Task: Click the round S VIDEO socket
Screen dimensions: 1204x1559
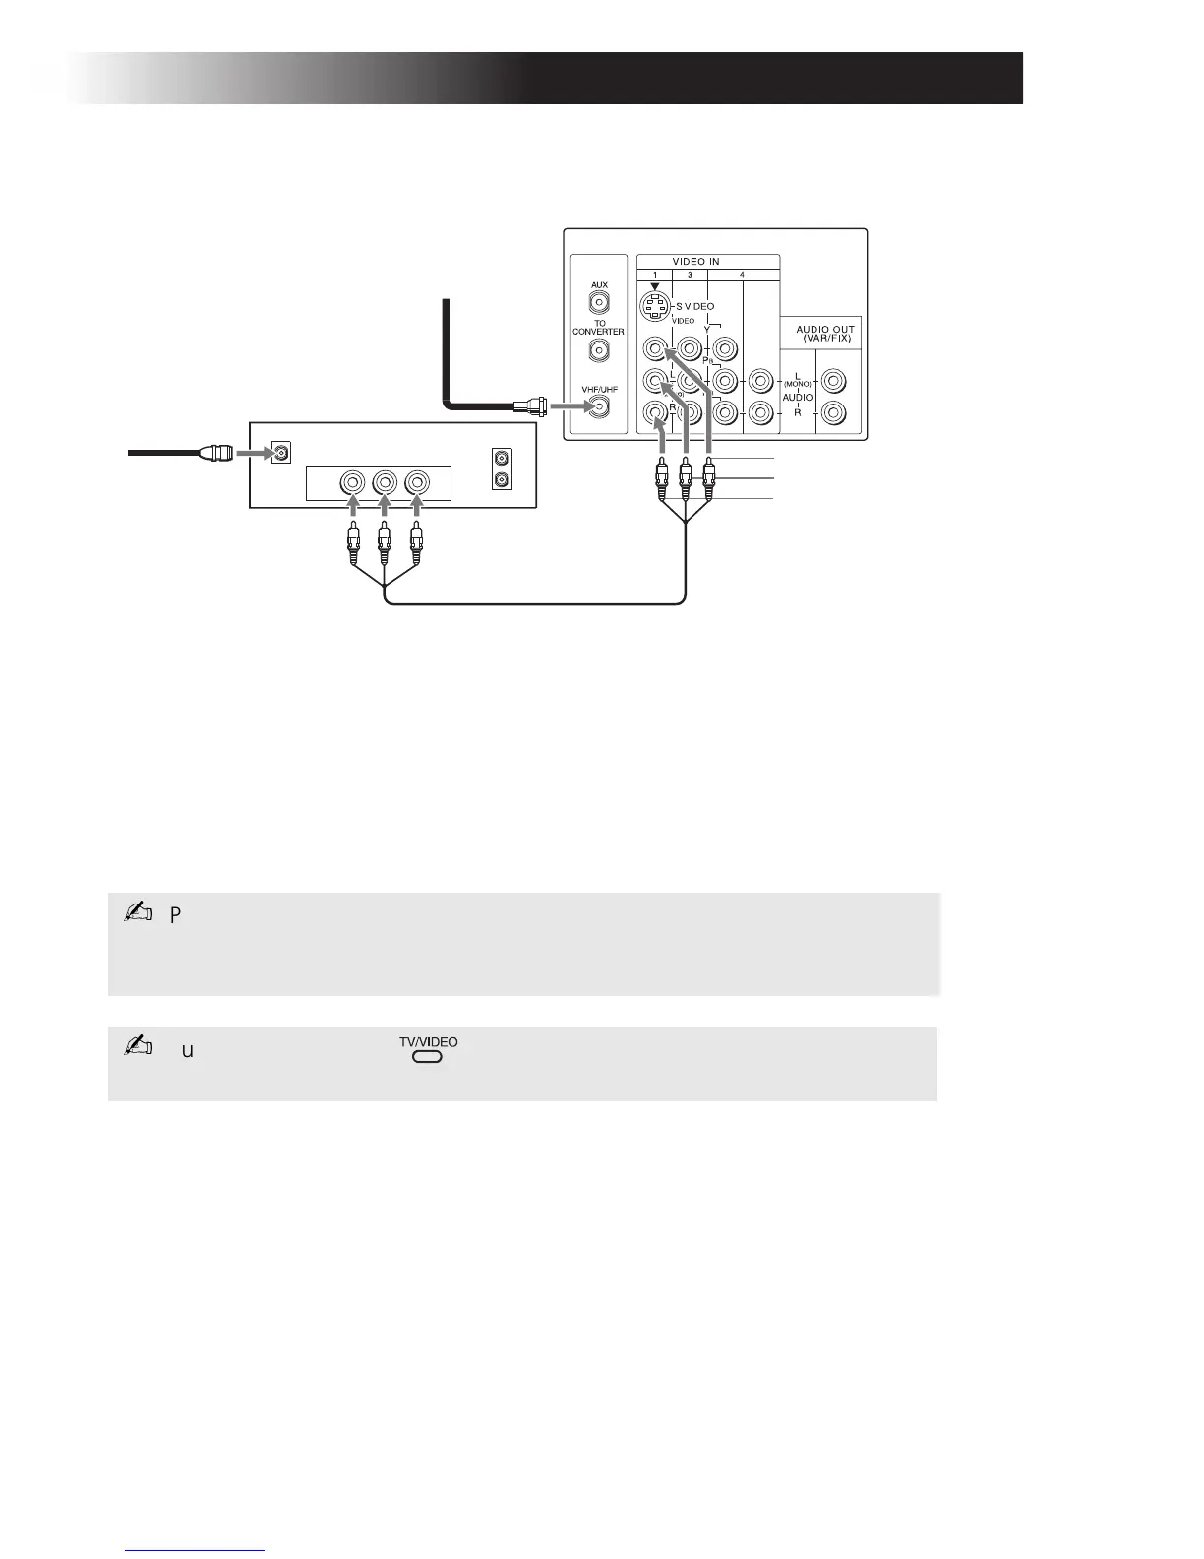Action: tap(655, 308)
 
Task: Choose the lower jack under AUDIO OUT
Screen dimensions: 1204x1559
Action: tap(834, 413)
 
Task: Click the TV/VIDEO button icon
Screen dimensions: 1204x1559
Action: tap(428, 1057)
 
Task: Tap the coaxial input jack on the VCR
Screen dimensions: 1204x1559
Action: tap(282, 454)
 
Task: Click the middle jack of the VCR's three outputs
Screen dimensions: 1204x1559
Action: tap(385, 483)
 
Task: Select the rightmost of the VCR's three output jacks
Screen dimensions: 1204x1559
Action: tap(417, 483)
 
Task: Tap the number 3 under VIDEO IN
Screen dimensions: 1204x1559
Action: tap(690, 274)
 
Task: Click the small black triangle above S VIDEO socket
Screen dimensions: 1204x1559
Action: tap(655, 286)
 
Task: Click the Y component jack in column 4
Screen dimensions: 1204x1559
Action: tap(725, 348)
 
